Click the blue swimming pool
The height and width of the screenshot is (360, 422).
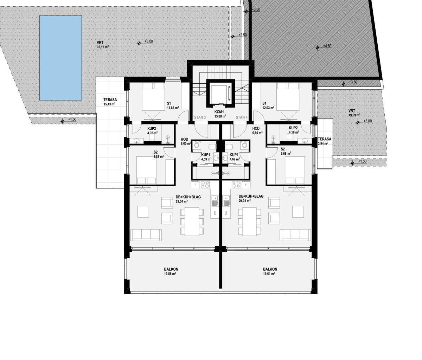(x=60, y=58)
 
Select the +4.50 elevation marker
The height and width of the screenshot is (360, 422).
(x=317, y=47)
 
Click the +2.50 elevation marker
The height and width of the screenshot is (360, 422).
(x=233, y=36)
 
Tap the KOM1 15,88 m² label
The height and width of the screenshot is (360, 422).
(x=220, y=113)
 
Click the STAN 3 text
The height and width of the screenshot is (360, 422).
(x=200, y=117)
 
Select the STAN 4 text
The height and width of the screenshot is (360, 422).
(x=242, y=117)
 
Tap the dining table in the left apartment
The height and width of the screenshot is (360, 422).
(x=192, y=221)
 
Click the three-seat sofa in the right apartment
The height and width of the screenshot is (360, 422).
(x=295, y=234)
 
